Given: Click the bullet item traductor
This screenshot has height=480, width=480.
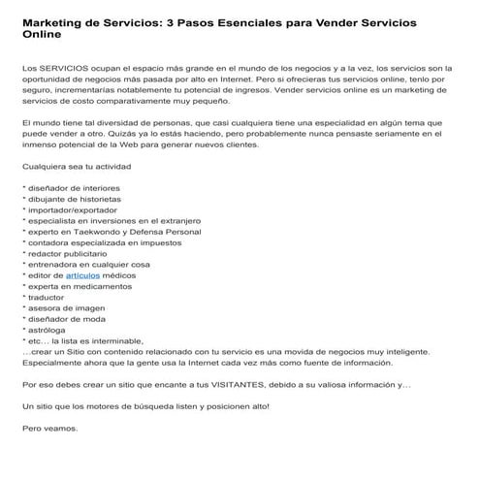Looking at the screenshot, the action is (50, 303).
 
